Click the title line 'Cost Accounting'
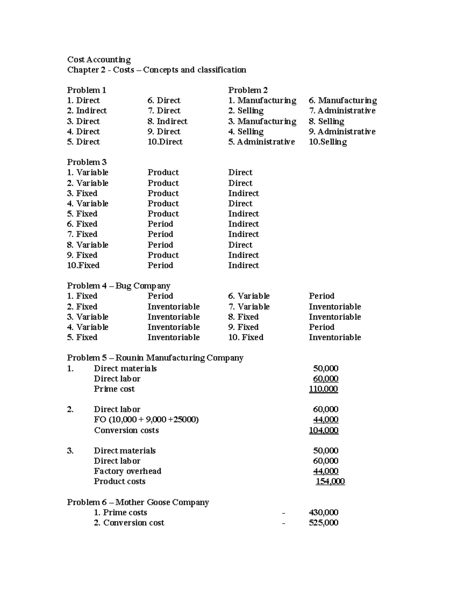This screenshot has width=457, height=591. (x=99, y=60)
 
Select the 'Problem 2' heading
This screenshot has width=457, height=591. (x=248, y=90)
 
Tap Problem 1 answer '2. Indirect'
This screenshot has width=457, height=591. (x=87, y=111)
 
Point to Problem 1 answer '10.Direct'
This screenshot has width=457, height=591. (x=165, y=142)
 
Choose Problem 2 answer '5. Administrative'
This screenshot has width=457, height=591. (x=261, y=142)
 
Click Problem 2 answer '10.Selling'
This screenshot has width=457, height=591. (x=328, y=142)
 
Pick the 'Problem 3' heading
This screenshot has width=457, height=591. (x=86, y=162)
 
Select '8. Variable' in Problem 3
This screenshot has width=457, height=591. (x=88, y=245)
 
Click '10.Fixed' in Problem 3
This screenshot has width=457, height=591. (x=83, y=265)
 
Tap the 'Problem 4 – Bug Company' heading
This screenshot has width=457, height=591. (x=118, y=286)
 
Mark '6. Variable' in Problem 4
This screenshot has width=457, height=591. (x=249, y=296)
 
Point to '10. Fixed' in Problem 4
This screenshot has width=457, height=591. (x=246, y=337)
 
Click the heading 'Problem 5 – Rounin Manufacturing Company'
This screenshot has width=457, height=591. (x=155, y=358)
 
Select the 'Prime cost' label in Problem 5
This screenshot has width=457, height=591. (x=114, y=389)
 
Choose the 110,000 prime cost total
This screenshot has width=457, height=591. (x=323, y=389)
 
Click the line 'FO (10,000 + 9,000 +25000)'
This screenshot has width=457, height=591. (x=146, y=420)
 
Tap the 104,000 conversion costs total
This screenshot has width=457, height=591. (x=323, y=430)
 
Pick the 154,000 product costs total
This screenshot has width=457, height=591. (x=330, y=481)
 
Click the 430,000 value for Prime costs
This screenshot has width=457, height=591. (x=323, y=513)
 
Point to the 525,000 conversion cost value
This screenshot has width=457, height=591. (x=323, y=523)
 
